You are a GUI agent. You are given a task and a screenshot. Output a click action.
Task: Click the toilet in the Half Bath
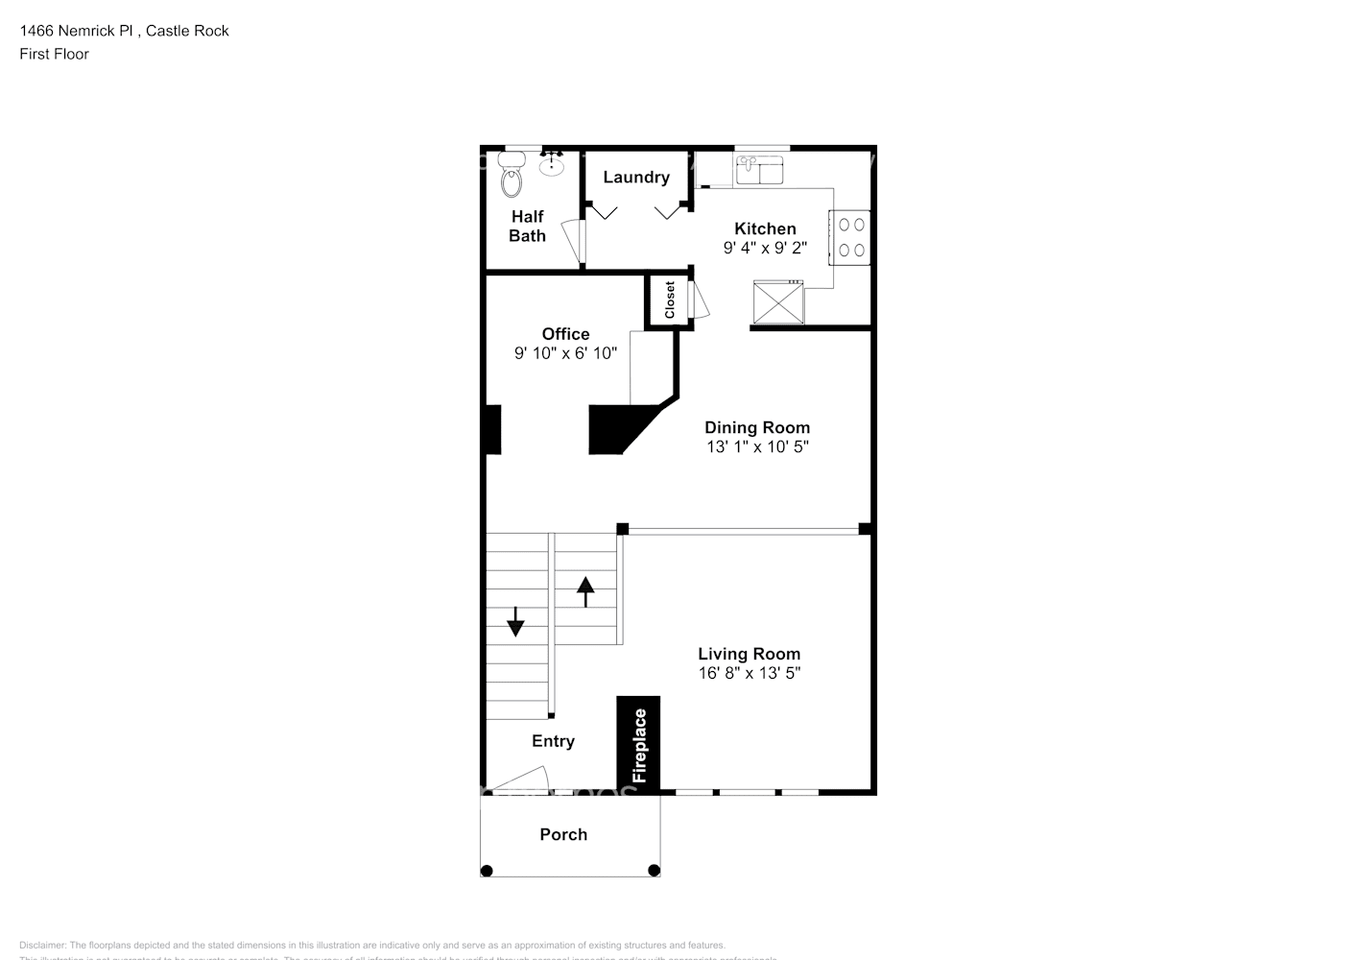[x=512, y=177]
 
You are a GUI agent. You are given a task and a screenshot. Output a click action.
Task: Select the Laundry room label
[x=635, y=178]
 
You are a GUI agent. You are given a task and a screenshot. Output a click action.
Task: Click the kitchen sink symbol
[x=759, y=171]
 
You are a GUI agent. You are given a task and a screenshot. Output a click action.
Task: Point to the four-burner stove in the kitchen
[x=851, y=237]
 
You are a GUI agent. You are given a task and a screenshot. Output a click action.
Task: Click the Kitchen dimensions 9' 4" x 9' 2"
[x=765, y=248]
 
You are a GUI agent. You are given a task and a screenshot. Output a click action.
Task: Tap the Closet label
[x=670, y=300]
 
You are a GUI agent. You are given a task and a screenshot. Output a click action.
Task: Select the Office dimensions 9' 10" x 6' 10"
[x=565, y=353]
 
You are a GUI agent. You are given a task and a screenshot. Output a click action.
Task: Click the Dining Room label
[x=757, y=427]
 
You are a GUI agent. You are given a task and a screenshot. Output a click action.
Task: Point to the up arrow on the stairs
[x=584, y=590]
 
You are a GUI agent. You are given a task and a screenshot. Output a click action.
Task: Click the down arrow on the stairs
[x=515, y=622]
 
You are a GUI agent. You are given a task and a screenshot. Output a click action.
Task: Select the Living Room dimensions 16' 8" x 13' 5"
[x=749, y=673]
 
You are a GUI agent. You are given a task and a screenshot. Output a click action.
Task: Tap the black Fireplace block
[x=638, y=744]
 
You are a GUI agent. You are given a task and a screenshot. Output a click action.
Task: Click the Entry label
[x=553, y=741]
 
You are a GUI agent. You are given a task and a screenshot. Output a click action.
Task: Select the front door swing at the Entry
[x=523, y=780]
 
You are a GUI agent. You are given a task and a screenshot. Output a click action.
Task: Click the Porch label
[x=563, y=834]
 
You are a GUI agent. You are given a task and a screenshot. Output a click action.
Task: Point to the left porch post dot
[x=487, y=871]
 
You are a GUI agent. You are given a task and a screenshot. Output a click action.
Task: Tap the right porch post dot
[x=654, y=871]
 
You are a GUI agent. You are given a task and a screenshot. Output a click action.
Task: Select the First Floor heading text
[x=54, y=54]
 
